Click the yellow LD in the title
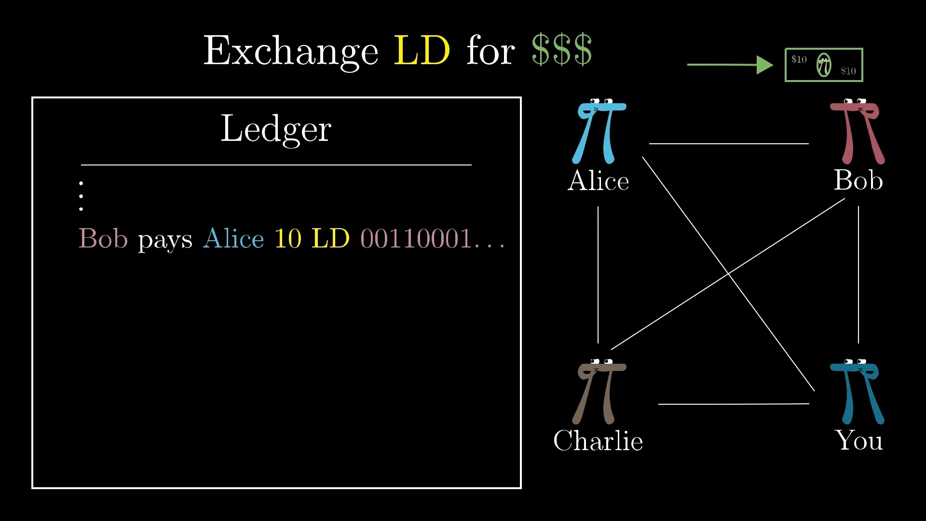[422, 50]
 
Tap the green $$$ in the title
[562, 50]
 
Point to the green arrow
[730, 65]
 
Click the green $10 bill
[824, 65]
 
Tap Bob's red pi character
[857, 131]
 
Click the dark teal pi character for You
[857, 392]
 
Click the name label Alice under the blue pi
[599, 180]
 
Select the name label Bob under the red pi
[858, 180]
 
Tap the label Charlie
[598, 440]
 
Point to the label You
[859, 440]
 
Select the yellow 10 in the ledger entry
[288, 238]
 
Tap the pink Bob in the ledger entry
[103, 238]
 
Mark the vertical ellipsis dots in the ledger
[81, 196]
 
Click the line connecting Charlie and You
[734, 404]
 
